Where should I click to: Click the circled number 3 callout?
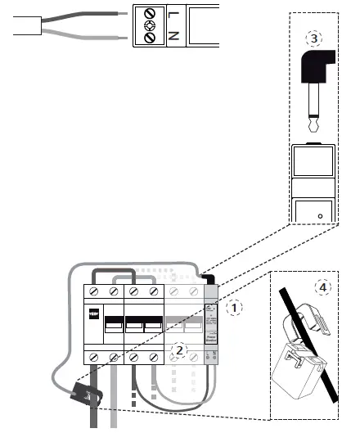(x=313, y=38)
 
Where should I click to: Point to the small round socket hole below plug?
(x=320, y=216)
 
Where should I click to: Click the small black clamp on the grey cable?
(x=86, y=394)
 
